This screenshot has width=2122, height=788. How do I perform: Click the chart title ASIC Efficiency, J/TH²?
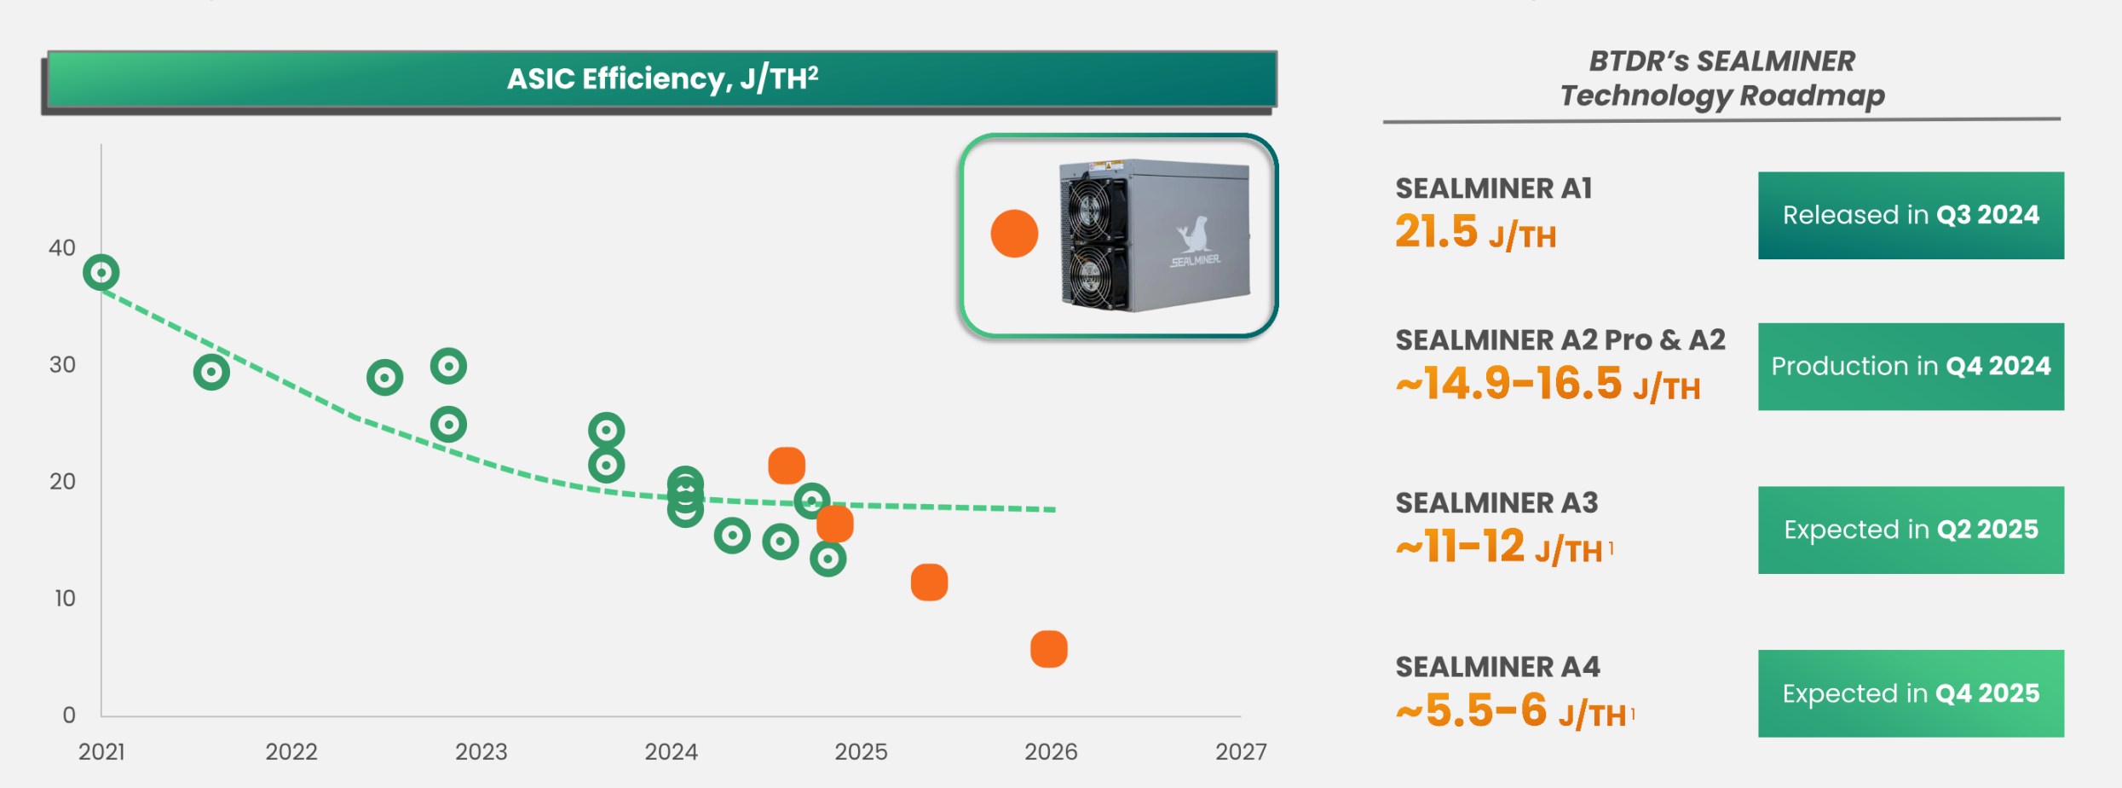(662, 78)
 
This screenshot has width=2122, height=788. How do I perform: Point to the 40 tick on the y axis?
(62, 248)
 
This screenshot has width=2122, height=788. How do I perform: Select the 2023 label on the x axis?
(481, 752)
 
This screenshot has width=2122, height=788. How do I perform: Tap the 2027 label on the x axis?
(1241, 752)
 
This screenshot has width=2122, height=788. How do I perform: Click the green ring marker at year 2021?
(101, 273)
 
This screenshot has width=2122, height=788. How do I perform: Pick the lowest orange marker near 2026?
(1048, 649)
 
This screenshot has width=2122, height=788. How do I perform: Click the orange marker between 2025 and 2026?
(929, 582)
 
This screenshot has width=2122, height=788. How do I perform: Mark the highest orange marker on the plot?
(787, 466)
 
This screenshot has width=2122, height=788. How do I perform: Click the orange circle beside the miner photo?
(1014, 234)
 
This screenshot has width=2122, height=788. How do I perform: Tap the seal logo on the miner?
(1195, 234)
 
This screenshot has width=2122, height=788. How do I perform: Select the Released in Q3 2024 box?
(1911, 216)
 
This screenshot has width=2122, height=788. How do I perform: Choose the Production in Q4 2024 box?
(1911, 367)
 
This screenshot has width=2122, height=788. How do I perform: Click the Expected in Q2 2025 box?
(1911, 530)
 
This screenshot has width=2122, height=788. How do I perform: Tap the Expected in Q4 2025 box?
(1911, 694)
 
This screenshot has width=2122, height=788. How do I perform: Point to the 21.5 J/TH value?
(1475, 233)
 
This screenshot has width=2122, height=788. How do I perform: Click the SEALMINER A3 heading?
(1496, 503)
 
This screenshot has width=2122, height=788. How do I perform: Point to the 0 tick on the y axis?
(69, 716)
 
